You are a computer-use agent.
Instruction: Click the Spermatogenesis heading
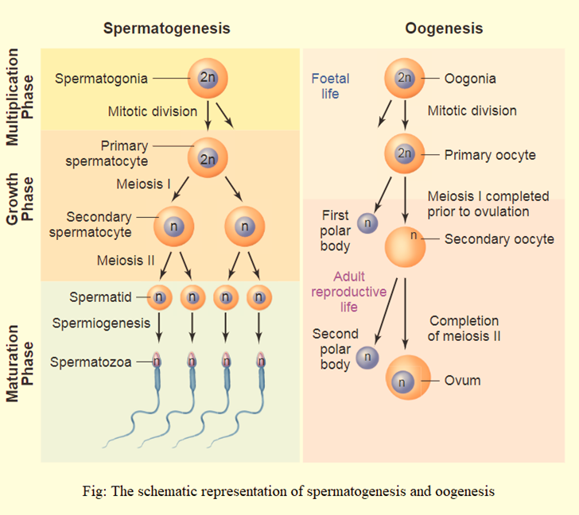pos(166,29)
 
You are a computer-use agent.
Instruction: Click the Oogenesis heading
pos(444,29)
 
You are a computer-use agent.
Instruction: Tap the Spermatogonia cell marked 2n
pos(208,78)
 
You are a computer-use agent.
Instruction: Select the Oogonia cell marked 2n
pos(405,78)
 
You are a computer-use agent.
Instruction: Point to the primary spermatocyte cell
pos(208,157)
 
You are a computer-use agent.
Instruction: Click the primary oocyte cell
pos(405,154)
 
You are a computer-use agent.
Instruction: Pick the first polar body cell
pos(367,224)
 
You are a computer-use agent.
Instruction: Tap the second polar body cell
pos(367,358)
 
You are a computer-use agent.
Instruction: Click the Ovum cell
pos(407,379)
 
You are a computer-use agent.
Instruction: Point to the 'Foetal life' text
pos(330,86)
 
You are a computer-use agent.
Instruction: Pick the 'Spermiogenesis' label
pos(101,323)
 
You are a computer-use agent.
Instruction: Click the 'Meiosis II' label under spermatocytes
pos(125,260)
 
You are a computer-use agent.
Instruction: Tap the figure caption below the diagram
pos(288,490)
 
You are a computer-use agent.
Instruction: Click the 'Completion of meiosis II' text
pos(464,328)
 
